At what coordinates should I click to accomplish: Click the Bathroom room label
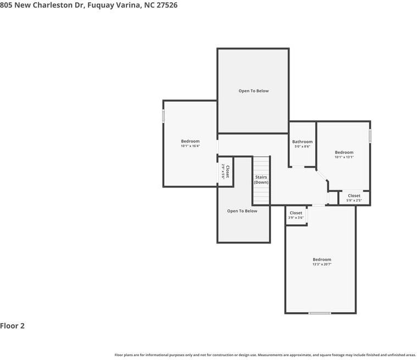pos(302,142)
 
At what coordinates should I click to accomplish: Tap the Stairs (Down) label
pos(261,180)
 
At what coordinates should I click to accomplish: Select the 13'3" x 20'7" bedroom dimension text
pos(322,264)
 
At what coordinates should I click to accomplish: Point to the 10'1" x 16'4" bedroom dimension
pos(190,146)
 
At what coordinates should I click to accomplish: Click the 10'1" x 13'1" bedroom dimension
pos(344,157)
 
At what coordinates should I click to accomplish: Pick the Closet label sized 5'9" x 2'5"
pos(354,196)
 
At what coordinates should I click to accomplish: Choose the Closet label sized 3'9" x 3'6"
pos(296,213)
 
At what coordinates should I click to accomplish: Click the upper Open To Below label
pos(253,91)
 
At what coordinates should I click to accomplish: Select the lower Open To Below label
pos(242,211)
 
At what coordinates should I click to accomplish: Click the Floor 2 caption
pos(13,326)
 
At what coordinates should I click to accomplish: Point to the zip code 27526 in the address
pos(166,5)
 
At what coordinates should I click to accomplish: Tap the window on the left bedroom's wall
pos(163,117)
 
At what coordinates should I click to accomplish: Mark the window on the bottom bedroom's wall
pos(319,313)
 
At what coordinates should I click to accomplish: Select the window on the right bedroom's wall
pos(370,135)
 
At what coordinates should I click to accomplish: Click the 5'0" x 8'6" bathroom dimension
pos(302,147)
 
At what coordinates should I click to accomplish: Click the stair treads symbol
pos(262,165)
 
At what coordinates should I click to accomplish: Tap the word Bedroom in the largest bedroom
pos(322,259)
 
